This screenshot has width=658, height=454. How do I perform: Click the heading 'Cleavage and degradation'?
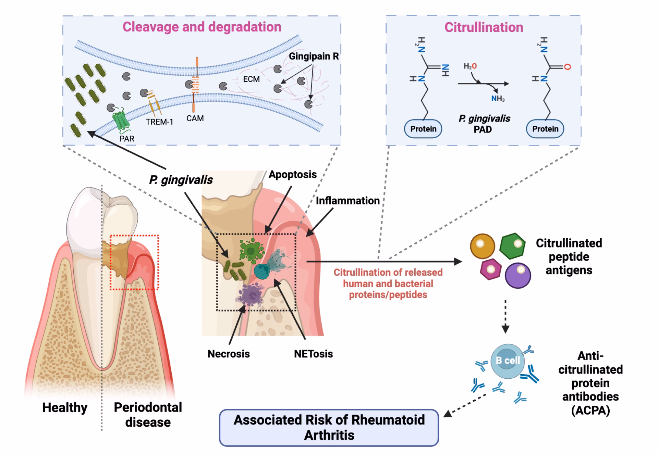[x=202, y=27]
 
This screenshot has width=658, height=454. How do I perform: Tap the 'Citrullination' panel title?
[x=484, y=27]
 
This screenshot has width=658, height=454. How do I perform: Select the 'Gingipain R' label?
[x=314, y=56]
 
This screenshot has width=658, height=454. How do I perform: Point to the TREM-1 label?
[x=159, y=122]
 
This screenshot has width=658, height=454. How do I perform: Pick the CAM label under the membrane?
[x=195, y=118]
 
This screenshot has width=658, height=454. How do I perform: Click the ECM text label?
[x=251, y=79]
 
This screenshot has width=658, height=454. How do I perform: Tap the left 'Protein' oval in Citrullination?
[x=423, y=129]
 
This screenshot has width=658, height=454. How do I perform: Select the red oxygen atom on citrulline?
[x=567, y=67]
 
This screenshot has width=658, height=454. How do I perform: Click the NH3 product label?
[x=498, y=99]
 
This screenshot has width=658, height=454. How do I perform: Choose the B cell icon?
[x=508, y=361]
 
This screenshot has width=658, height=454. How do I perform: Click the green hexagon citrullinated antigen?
[x=512, y=246]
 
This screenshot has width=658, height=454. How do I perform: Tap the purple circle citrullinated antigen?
[x=517, y=275]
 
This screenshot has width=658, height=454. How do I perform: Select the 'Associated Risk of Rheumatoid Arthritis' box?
[x=329, y=427]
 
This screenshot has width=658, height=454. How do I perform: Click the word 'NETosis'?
[x=313, y=354]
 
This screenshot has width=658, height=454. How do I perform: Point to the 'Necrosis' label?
[x=229, y=354]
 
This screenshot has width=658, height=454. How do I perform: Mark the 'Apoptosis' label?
[x=292, y=174]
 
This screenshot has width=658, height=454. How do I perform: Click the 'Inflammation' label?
[x=348, y=201]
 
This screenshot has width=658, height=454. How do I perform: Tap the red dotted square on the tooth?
[x=134, y=262]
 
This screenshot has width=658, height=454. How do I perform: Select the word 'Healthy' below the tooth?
[x=65, y=407]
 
